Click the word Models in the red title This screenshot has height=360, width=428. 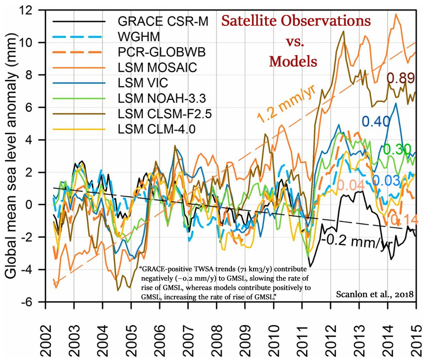coord(294,61)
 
